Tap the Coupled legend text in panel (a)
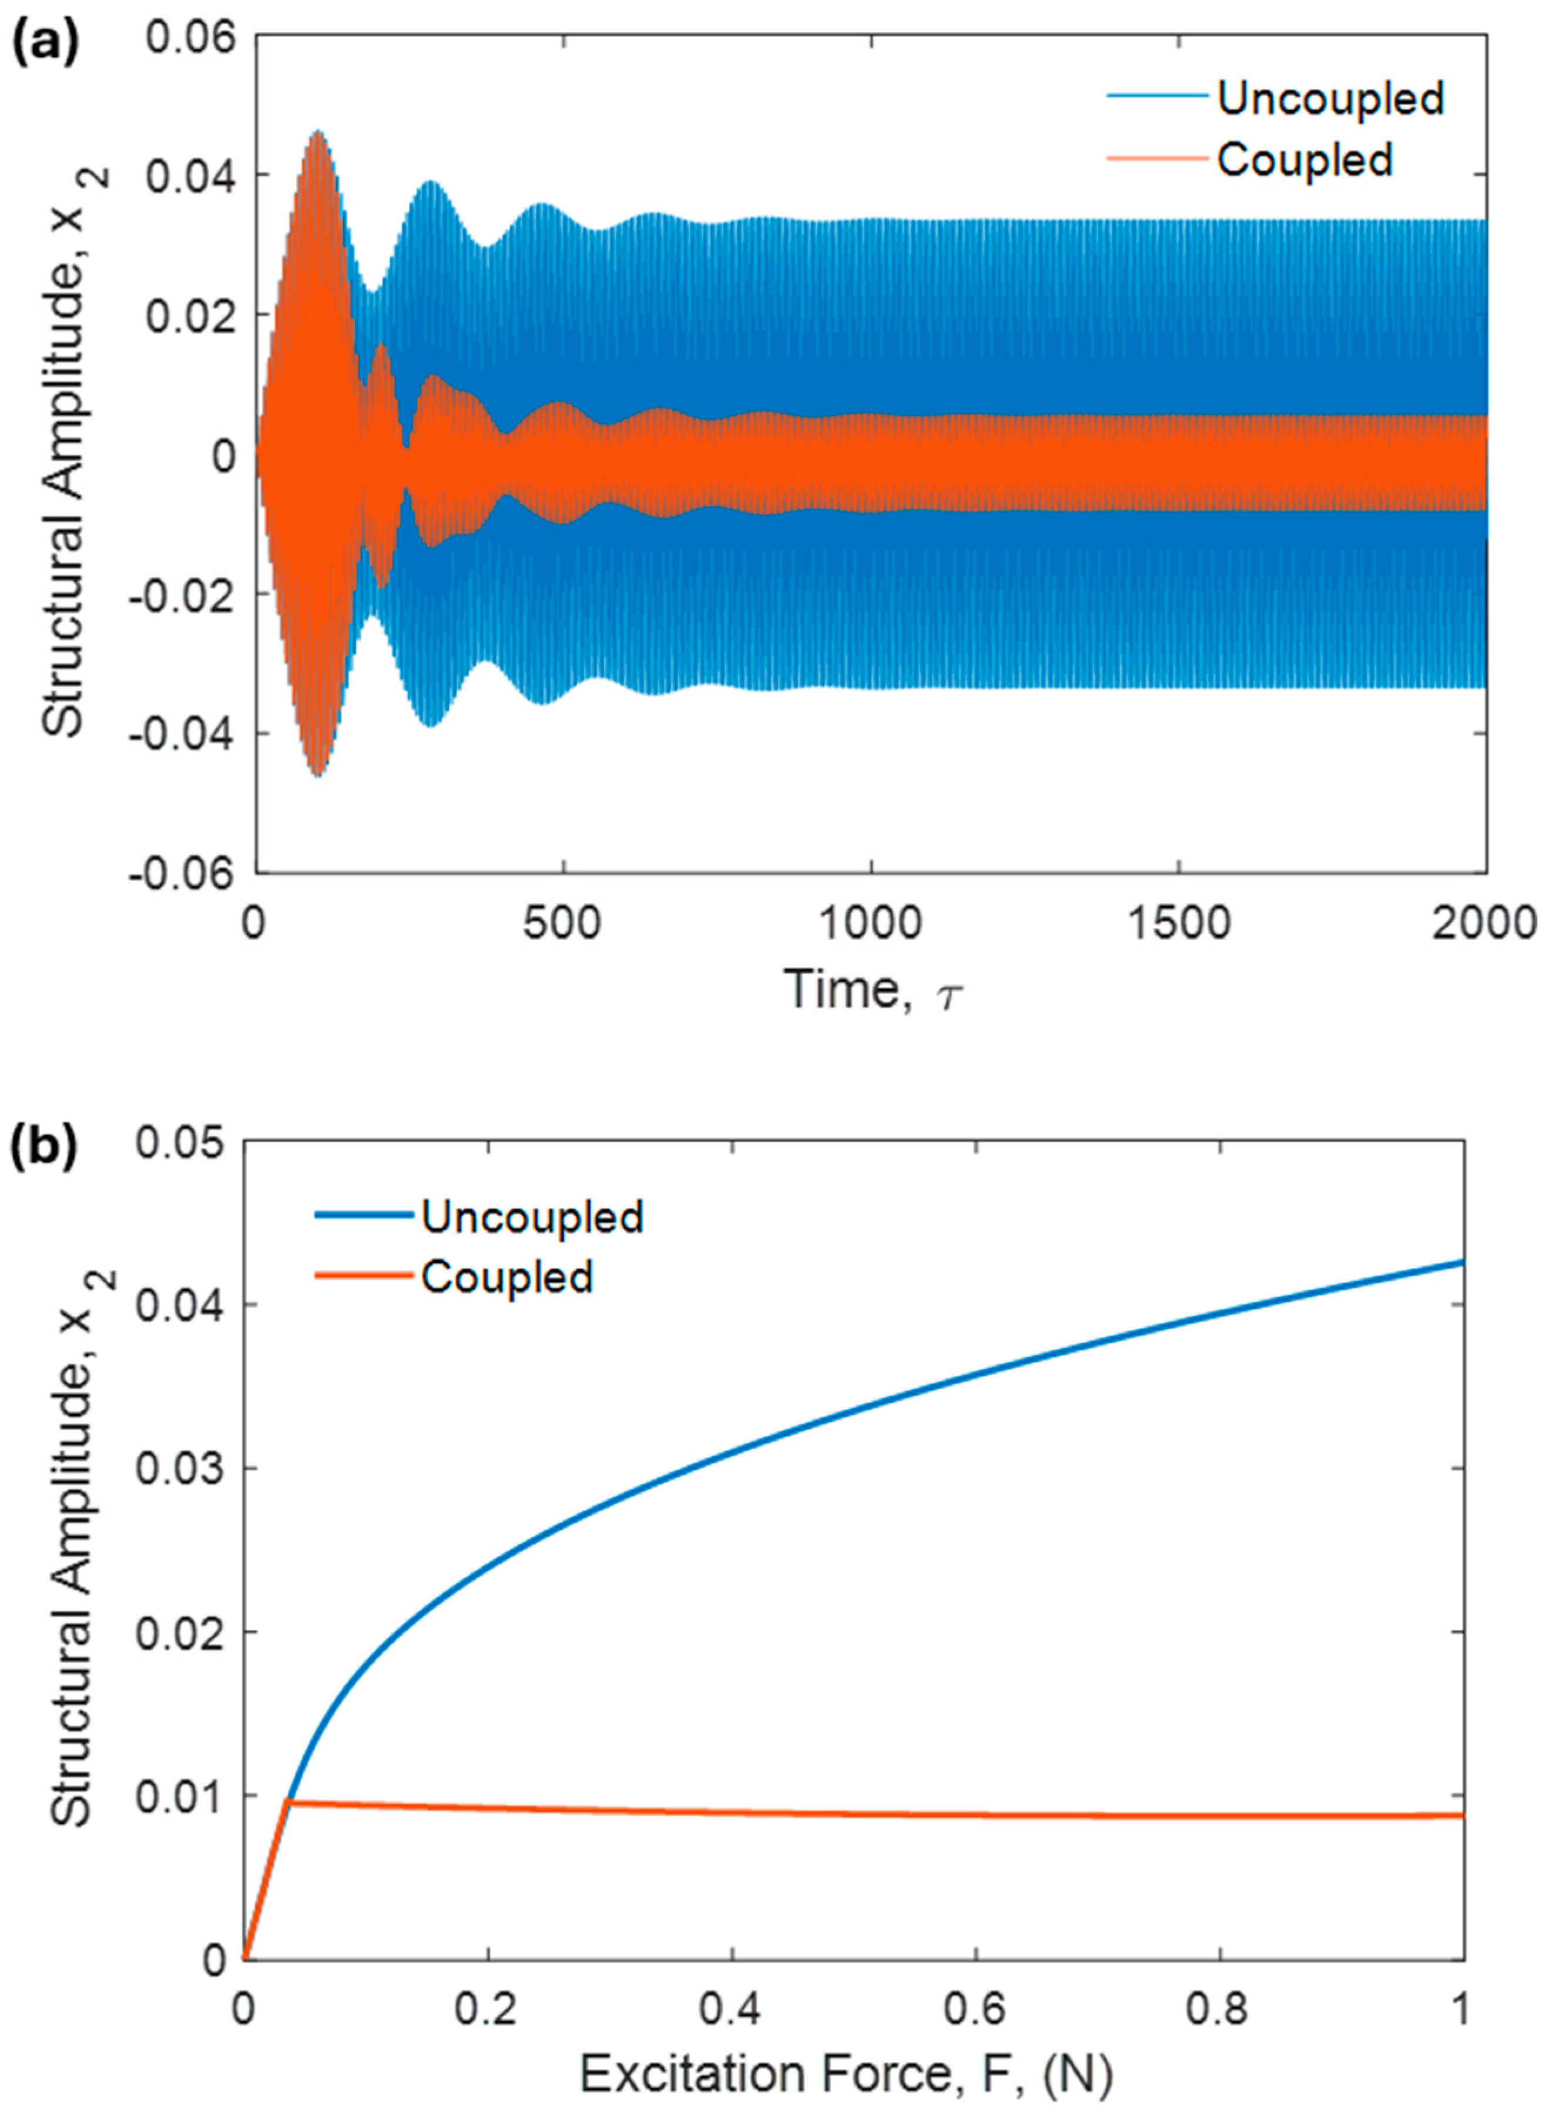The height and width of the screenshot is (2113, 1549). pyautogui.click(x=1303, y=159)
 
